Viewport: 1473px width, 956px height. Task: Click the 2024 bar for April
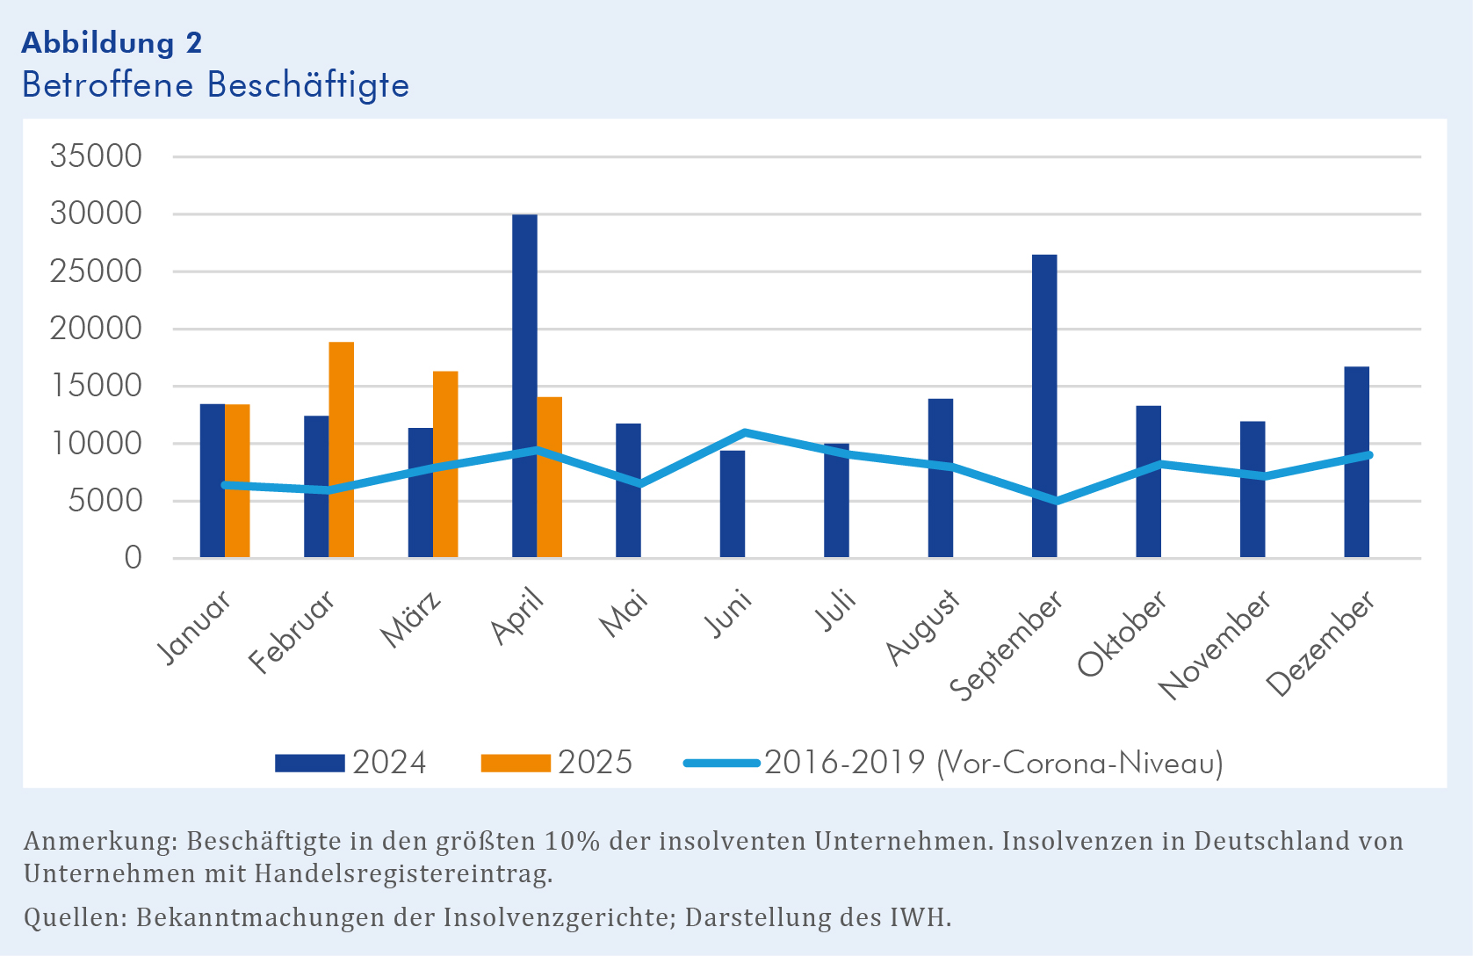[x=524, y=387]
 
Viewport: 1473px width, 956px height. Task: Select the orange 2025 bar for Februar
[x=342, y=450]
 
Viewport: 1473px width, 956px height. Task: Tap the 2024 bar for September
[x=1044, y=406]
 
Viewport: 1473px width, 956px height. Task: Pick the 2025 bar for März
[x=445, y=464]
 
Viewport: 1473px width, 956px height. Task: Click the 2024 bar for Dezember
[x=1356, y=462]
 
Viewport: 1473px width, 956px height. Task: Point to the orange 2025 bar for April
[x=550, y=477]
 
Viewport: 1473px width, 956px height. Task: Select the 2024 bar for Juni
[x=733, y=504]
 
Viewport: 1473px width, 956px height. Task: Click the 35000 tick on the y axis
[x=96, y=156]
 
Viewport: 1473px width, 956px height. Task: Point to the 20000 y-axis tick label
[x=96, y=329]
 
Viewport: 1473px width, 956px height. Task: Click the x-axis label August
[x=922, y=627]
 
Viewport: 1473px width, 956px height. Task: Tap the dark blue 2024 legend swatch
[x=309, y=763]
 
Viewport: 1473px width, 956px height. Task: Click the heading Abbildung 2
[x=112, y=42]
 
